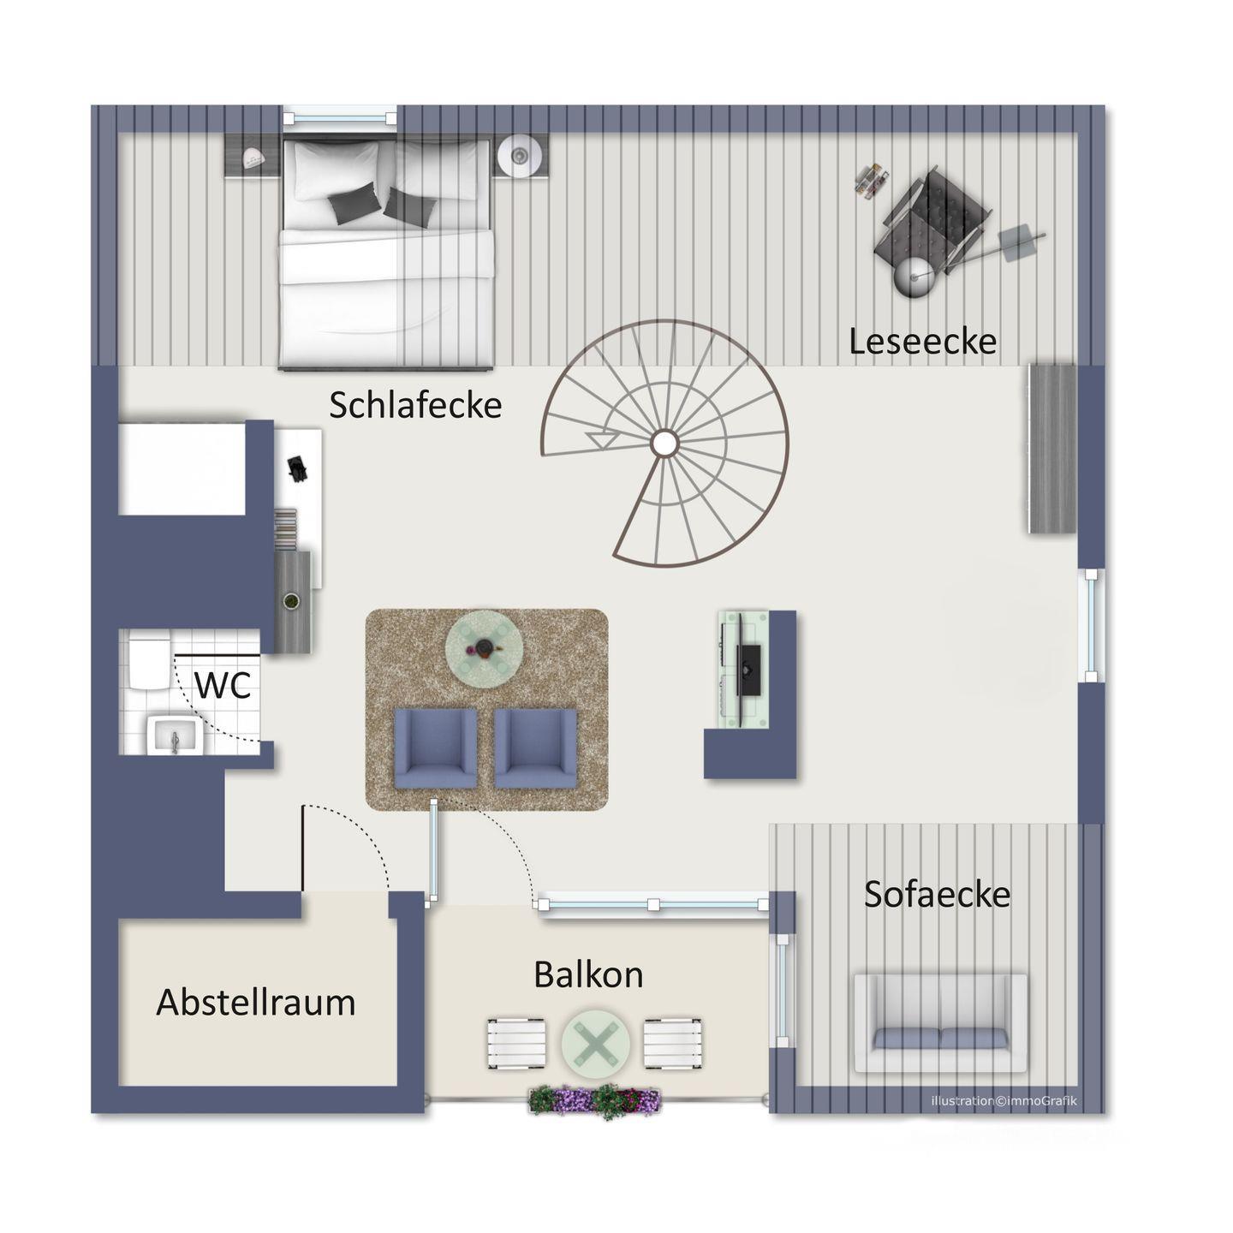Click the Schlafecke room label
pos(415,405)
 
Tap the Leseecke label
pos(922,342)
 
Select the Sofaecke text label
pos(937,894)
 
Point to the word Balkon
pos(588,974)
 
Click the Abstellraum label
pos(256,1002)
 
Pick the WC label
pos(222,685)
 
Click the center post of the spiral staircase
pos(664,442)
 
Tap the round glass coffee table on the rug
pos(485,649)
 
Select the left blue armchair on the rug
pos(436,748)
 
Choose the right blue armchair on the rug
pos(535,748)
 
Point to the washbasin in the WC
pos(174,736)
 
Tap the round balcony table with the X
pos(596,1043)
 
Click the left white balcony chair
pos(517,1044)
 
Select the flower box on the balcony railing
pos(594,1100)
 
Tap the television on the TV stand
pos(748,670)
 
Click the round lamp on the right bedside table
pos(518,155)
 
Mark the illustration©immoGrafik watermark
pos(1004,1100)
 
